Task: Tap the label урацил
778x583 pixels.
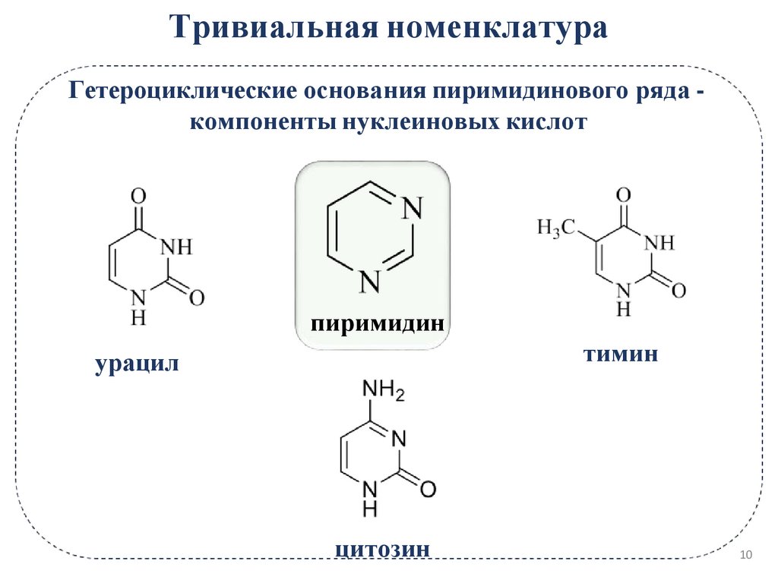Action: click(137, 364)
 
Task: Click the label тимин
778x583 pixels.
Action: click(621, 354)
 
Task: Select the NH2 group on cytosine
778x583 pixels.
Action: click(384, 392)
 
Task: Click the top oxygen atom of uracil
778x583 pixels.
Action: click(138, 197)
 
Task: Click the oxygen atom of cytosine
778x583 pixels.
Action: click(428, 490)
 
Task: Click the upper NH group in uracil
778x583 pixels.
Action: click(176, 247)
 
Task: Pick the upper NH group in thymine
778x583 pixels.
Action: click(658, 243)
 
